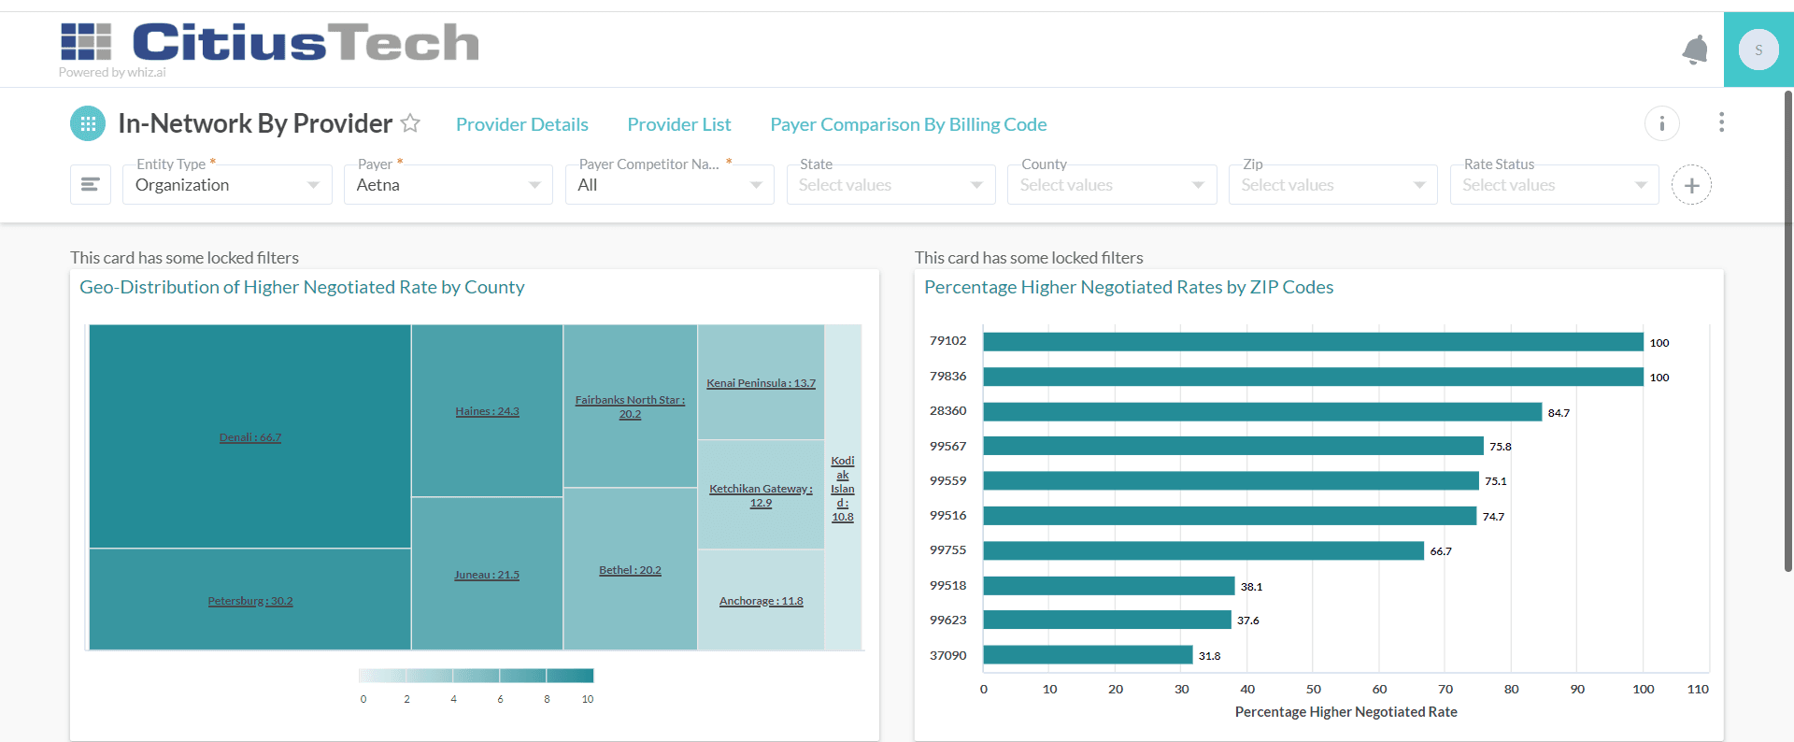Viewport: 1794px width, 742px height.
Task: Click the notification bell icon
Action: coord(1695,50)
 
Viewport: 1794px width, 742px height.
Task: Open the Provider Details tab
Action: coord(521,124)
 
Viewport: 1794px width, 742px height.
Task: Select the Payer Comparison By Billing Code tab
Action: coord(907,124)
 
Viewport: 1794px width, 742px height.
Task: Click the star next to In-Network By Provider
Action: coord(410,123)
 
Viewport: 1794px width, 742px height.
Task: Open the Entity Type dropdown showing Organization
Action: coord(227,185)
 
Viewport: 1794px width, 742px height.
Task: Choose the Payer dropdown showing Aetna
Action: coord(448,185)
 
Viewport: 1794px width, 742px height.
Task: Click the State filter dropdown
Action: coord(890,185)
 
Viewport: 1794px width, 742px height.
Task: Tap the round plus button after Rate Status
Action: coord(1691,185)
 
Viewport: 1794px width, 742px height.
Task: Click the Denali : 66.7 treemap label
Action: coord(250,437)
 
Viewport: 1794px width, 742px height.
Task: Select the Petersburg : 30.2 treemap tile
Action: coord(250,601)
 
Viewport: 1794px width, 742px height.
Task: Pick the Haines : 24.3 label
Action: coord(487,411)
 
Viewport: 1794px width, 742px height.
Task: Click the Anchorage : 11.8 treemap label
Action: coord(761,601)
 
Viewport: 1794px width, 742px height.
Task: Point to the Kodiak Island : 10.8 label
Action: coord(843,489)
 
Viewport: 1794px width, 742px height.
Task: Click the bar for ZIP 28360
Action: coord(1261,412)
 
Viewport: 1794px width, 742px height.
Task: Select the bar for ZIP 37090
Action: coord(1088,655)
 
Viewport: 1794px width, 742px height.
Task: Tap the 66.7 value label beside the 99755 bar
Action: coord(1441,551)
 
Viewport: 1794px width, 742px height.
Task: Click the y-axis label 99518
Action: coord(947,586)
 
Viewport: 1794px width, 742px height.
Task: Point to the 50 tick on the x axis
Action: coord(1314,689)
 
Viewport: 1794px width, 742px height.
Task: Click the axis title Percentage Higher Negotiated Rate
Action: coord(1345,712)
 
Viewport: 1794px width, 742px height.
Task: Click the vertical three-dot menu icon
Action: coord(1721,122)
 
